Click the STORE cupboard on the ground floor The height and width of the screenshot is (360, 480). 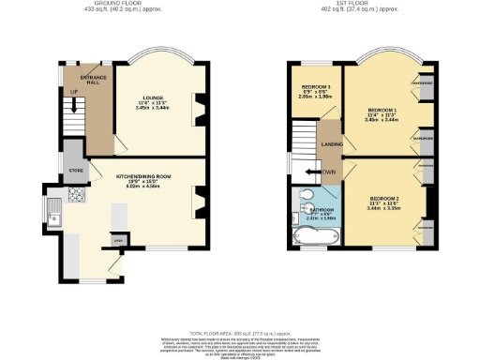[76, 172]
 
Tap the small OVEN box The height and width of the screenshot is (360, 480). [118, 241]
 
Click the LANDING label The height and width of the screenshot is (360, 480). [331, 143]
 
